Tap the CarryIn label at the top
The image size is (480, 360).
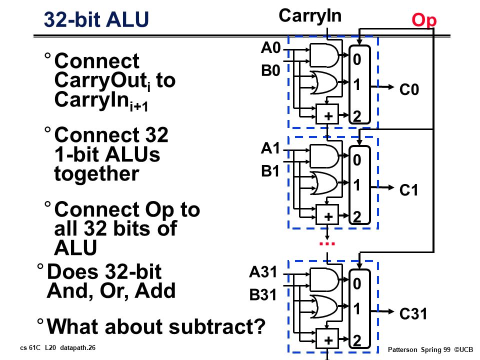tap(310, 15)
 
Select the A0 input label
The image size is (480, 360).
tap(270, 48)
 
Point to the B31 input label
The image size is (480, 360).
tap(263, 295)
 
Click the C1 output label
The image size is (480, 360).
tap(409, 190)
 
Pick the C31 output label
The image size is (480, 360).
tap(413, 314)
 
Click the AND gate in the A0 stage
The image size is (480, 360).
tap(324, 55)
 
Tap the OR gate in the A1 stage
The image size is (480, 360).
tap(324, 183)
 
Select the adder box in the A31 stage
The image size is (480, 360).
tap(327, 338)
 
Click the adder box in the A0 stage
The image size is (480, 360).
tap(327, 114)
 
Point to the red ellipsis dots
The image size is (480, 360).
tap(327, 243)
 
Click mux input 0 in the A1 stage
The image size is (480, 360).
tap(357, 160)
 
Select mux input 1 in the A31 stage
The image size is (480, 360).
tap(357, 309)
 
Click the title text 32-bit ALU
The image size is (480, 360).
tap(96, 19)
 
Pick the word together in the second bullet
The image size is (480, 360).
tap(96, 174)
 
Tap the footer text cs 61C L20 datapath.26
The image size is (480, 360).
tap(58, 348)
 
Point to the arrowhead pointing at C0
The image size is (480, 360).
tap(390, 87)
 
